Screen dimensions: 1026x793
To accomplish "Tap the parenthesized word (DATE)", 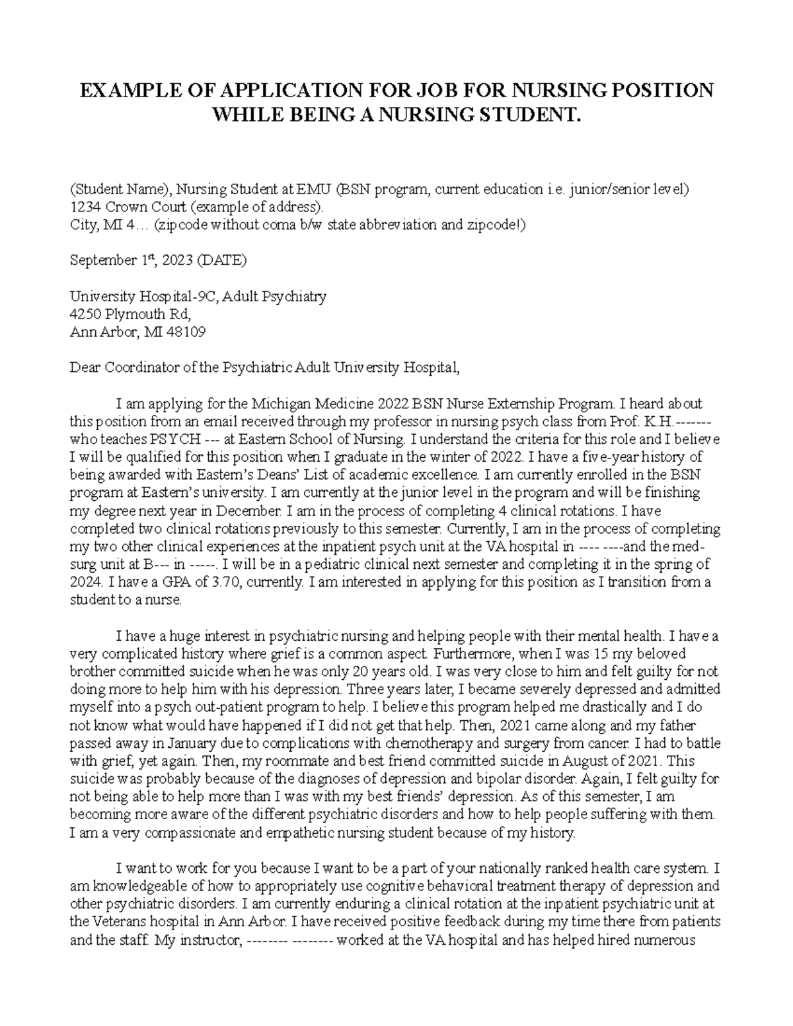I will tap(222, 260).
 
